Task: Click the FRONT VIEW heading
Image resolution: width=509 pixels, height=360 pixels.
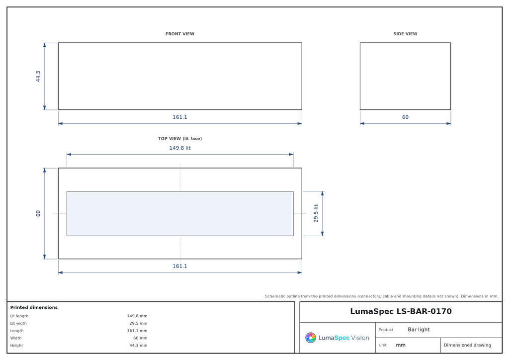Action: click(x=180, y=34)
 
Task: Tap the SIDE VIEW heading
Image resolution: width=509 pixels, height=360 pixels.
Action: click(x=405, y=34)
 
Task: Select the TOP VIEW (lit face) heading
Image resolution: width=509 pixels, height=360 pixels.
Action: click(x=180, y=139)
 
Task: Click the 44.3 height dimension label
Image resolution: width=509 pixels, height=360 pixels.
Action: click(x=38, y=76)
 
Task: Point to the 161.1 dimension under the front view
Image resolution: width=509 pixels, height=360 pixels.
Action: click(x=180, y=117)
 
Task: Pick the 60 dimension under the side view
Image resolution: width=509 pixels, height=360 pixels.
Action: click(x=405, y=117)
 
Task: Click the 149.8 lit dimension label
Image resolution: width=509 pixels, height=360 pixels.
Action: click(x=180, y=148)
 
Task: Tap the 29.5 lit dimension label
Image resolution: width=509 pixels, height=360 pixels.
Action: click(x=316, y=213)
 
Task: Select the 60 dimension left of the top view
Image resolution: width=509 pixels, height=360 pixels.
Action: click(x=38, y=213)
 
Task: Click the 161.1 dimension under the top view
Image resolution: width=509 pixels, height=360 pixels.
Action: click(x=180, y=266)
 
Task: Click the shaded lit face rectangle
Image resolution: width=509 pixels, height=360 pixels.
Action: click(x=180, y=214)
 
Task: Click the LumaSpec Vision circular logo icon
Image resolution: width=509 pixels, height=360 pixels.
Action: click(x=311, y=338)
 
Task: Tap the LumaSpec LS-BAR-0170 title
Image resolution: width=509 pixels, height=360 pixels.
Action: click(x=401, y=311)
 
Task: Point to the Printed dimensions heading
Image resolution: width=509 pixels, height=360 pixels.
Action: click(x=34, y=307)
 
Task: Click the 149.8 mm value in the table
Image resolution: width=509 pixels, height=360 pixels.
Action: click(x=137, y=316)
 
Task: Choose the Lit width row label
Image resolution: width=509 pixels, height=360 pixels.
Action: click(x=18, y=323)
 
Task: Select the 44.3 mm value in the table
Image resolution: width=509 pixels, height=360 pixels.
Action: click(x=138, y=346)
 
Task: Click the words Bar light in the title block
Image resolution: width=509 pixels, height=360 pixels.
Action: click(x=419, y=330)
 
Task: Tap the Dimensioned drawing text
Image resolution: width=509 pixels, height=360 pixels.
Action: click(x=467, y=345)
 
